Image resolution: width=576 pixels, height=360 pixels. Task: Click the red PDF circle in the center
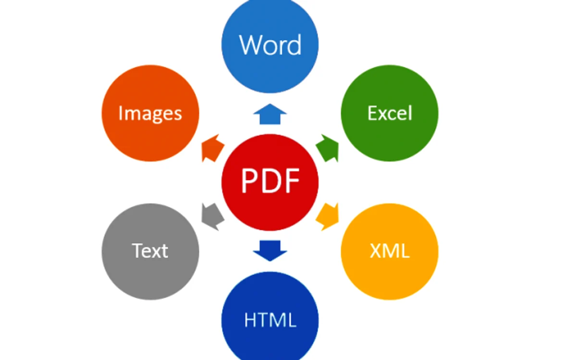(270, 182)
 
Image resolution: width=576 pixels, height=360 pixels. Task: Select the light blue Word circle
(270, 45)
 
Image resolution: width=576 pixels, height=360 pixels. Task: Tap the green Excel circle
(390, 113)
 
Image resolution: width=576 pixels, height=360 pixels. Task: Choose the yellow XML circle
(390, 252)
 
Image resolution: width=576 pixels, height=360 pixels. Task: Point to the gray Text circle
(150, 252)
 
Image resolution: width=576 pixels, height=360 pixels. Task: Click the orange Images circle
(150, 113)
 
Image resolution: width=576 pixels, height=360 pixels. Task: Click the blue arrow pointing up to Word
(270, 114)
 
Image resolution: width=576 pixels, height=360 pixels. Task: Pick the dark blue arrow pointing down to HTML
(270, 251)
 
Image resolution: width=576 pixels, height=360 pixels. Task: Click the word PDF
(270, 180)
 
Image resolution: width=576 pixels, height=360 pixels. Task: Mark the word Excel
(390, 113)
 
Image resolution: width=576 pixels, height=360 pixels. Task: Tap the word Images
(150, 114)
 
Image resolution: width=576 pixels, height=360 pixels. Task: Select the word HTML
(270, 320)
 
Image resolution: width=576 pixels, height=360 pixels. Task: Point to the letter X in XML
(376, 252)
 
